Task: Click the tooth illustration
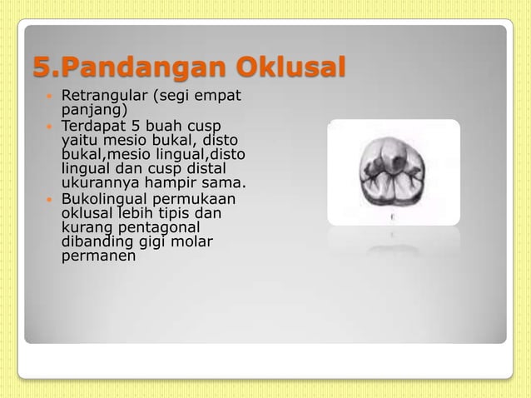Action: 393,170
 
